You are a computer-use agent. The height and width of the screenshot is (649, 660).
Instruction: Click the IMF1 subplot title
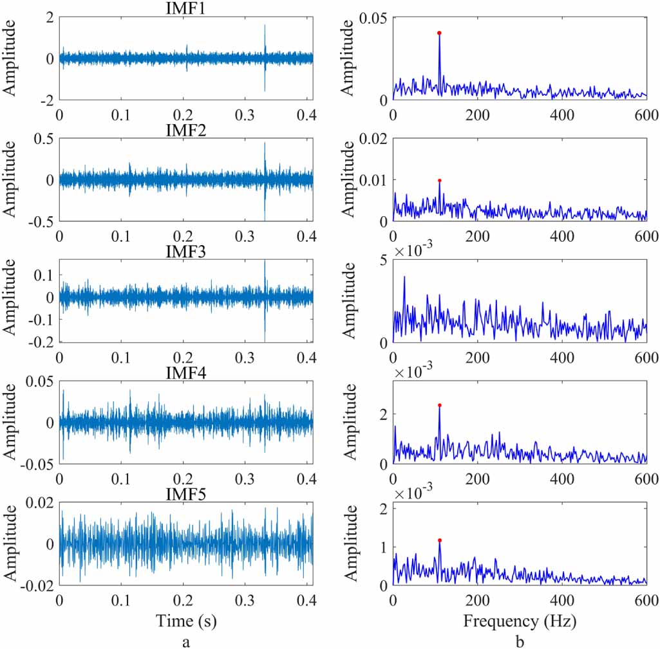(x=185, y=8)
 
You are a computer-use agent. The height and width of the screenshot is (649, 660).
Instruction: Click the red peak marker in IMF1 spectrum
(x=439, y=33)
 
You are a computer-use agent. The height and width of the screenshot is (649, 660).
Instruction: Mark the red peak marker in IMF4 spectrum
(x=439, y=405)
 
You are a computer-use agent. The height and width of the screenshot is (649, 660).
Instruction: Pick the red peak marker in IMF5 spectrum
(x=439, y=540)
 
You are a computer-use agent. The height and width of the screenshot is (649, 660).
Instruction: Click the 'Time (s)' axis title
(x=185, y=621)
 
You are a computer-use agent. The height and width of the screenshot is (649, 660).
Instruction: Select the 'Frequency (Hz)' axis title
(x=520, y=621)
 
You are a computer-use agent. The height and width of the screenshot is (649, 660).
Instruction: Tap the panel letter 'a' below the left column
(x=186, y=641)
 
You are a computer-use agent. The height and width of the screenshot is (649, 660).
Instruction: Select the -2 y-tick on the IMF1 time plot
(x=46, y=100)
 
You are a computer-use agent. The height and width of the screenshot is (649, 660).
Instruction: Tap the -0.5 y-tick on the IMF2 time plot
(x=40, y=221)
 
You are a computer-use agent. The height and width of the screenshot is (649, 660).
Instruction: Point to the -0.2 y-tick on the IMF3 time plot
(x=40, y=342)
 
